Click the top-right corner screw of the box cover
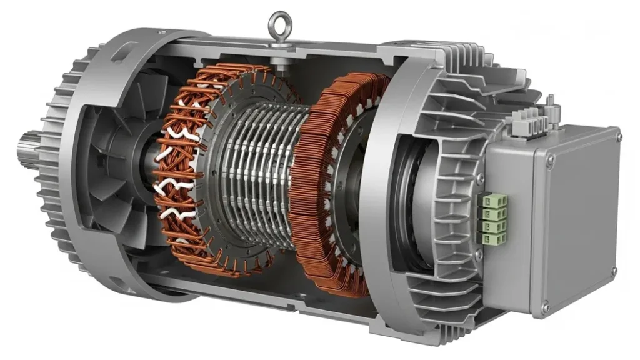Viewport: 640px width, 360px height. tap(615, 134)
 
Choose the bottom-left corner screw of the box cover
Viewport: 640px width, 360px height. tap(545, 307)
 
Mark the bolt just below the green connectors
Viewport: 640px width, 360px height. tap(479, 257)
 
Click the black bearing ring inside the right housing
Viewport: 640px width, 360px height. tap(409, 200)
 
